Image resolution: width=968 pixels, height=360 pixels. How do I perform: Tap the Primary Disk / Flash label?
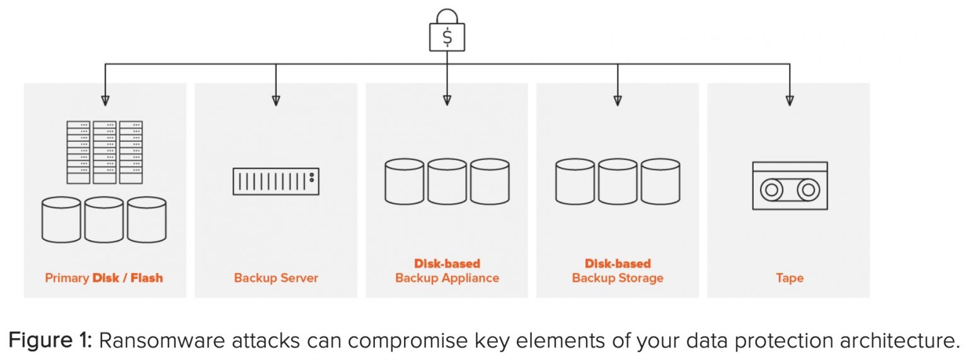point(104,278)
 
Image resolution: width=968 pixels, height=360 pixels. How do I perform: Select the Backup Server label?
point(276,278)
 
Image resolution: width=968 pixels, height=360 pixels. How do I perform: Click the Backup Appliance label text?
point(447,278)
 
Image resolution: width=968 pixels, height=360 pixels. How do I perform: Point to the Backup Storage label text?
point(618,278)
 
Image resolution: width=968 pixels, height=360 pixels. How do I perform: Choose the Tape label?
point(790,278)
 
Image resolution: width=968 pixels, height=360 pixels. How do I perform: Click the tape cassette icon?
point(790,185)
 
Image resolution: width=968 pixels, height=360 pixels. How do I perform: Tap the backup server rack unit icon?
point(276,181)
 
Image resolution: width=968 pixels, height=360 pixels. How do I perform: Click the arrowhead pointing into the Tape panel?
point(790,100)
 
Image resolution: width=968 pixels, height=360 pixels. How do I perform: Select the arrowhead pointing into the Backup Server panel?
point(276,100)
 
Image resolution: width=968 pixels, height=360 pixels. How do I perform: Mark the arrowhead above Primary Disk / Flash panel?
point(105,100)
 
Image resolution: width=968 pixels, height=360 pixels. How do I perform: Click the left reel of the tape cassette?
point(771,189)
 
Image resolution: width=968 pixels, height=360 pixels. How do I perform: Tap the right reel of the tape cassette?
point(808,189)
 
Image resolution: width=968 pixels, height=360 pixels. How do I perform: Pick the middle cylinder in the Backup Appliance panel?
point(447,182)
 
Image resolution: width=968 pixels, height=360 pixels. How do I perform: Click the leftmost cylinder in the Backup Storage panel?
point(575,182)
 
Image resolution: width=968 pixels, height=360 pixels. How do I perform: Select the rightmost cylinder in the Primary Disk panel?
point(147,219)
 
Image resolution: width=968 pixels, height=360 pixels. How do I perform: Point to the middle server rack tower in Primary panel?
point(105,152)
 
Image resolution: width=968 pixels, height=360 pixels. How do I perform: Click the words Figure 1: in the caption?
point(50,340)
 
